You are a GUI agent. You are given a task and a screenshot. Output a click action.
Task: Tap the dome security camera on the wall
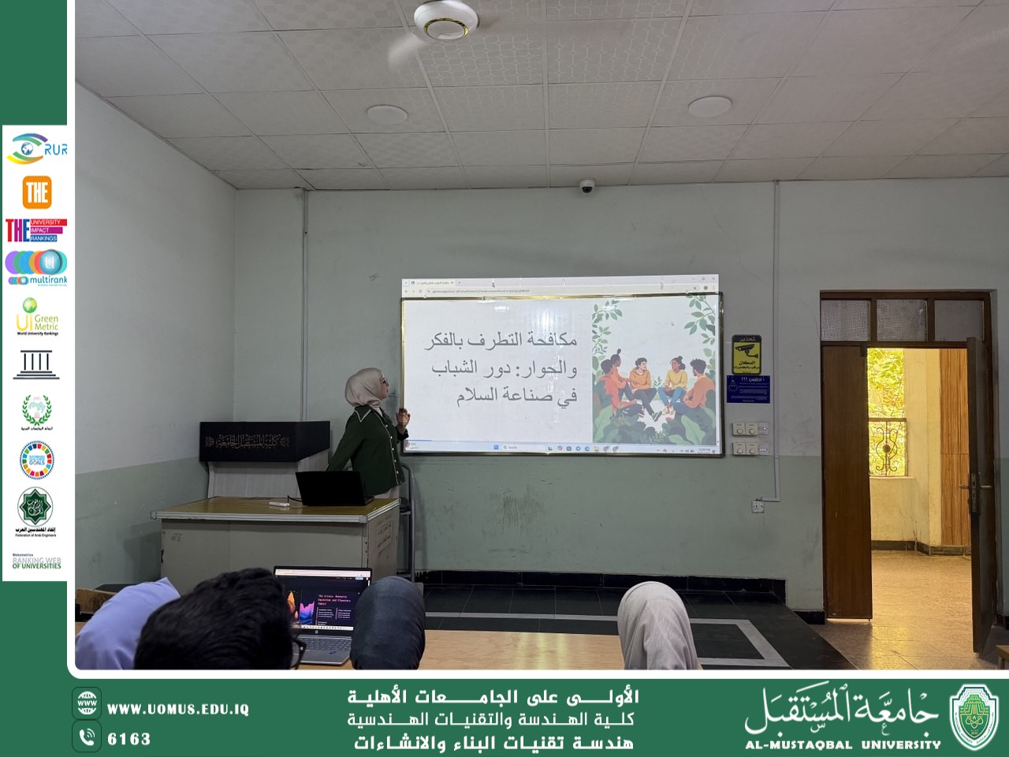tap(586, 187)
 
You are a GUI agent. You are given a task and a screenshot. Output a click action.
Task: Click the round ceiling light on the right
tap(709, 106)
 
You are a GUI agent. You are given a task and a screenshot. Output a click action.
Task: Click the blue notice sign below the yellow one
tap(747, 389)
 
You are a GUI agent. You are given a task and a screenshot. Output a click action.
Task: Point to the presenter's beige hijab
tap(363, 387)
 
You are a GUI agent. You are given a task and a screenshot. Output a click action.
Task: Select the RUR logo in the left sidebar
tap(36, 148)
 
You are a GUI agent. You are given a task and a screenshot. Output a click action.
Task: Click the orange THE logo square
tap(36, 192)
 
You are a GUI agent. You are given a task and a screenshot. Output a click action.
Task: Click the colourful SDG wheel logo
tap(36, 460)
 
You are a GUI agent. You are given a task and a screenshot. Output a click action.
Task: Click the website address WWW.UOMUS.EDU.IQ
tap(177, 709)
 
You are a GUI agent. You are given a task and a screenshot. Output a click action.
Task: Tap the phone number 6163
tap(128, 739)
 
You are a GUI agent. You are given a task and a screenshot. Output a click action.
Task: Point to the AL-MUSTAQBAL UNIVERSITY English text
tap(842, 744)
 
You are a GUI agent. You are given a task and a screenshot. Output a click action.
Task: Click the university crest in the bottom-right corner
tap(974, 716)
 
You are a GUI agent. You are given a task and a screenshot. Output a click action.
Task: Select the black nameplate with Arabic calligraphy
tap(264, 442)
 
